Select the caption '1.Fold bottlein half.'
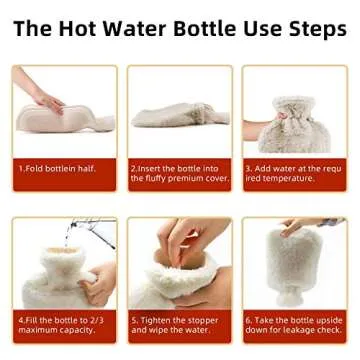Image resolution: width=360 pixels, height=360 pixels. tap(57, 168)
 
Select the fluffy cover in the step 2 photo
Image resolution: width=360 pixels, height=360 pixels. tap(180, 117)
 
